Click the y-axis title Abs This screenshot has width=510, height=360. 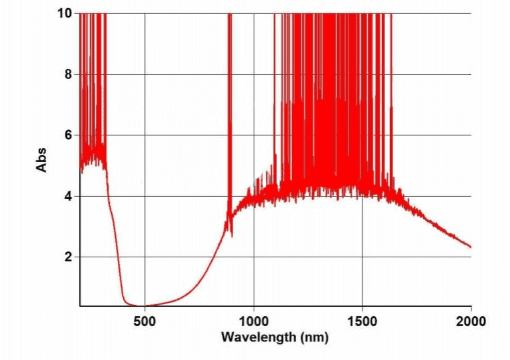coord(42,160)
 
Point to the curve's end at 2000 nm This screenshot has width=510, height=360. coord(470,247)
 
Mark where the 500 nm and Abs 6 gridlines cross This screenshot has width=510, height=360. coord(145,135)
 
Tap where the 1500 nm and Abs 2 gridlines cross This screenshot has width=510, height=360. coord(362,257)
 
